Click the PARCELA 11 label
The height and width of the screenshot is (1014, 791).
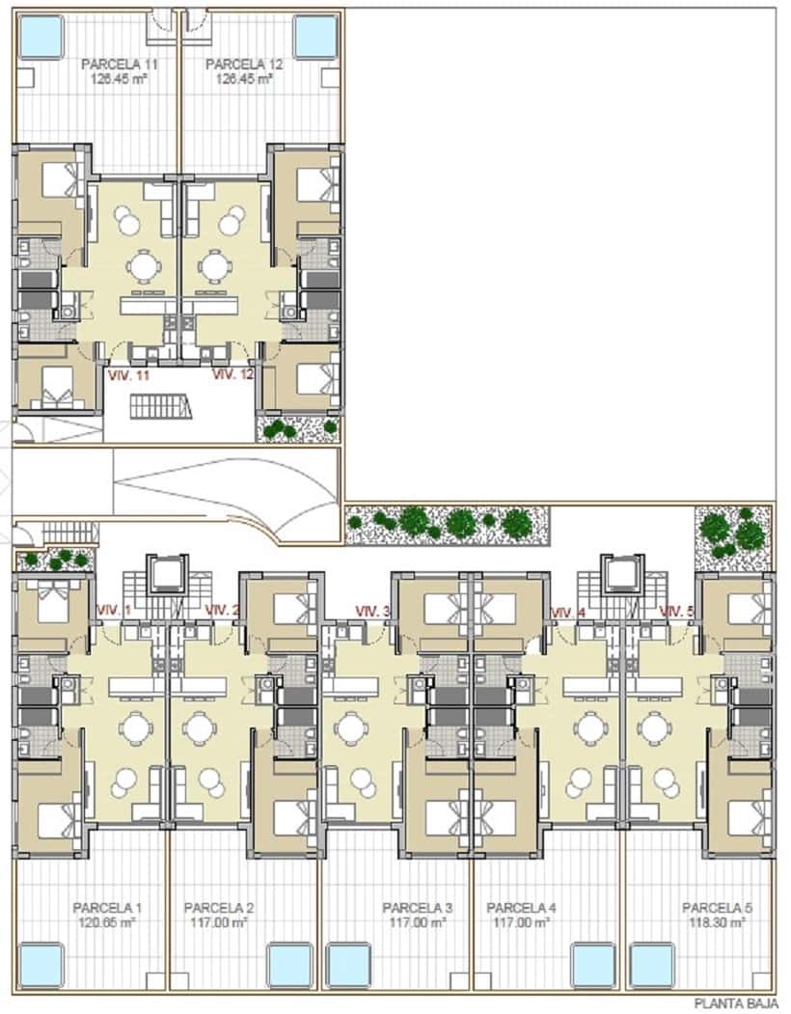coord(120,65)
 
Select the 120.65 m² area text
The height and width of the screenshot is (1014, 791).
coord(108,922)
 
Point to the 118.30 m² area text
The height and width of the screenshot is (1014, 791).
coord(717,922)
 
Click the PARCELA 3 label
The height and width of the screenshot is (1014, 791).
coord(418,908)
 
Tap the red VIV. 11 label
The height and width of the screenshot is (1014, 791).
coord(130,375)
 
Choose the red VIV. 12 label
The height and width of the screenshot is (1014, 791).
coord(232,374)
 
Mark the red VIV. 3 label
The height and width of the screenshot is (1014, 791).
coord(373,611)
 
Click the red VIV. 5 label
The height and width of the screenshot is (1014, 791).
coord(677,611)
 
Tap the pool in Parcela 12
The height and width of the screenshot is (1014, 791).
coord(315,36)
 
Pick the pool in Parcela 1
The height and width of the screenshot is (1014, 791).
coord(41,964)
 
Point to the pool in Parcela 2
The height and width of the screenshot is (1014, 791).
coord(288,964)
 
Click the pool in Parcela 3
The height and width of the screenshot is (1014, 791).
coord(348,964)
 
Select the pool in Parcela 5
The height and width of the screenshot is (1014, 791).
coord(653,964)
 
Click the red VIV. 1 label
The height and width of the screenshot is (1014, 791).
coord(115,610)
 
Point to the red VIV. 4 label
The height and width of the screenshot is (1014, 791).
coord(569,612)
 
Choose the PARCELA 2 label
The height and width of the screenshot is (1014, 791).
coord(219,908)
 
